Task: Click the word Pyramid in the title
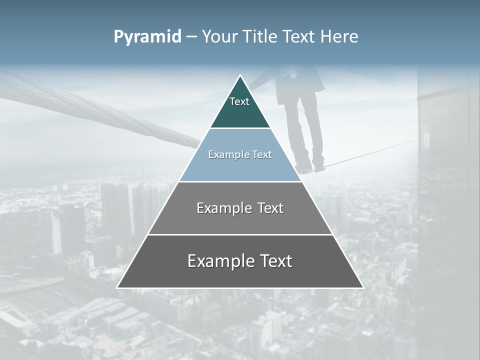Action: tap(147, 37)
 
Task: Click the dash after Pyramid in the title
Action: tap(191, 37)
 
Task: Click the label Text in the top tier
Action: tap(239, 101)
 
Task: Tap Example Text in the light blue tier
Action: tap(240, 154)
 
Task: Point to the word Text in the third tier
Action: tap(270, 208)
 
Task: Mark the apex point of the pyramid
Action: tap(240, 75)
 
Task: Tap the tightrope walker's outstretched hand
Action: tap(255, 85)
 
